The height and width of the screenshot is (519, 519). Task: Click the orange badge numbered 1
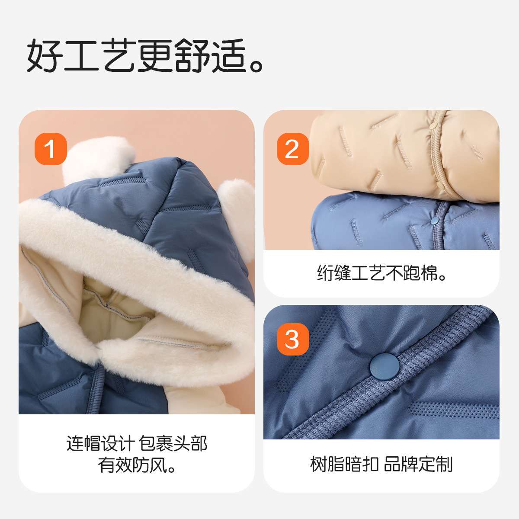[x=51, y=149]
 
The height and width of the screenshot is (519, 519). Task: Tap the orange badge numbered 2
[x=293, y=149]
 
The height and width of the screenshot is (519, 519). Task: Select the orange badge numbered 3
[x=293, y=339]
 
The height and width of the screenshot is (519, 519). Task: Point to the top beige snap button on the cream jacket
[x=432, y=126]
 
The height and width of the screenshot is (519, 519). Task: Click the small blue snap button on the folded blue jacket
[x=435, y=221]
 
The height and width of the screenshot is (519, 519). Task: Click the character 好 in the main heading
[x=45, y=55]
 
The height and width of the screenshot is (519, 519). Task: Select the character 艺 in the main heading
[x=119, y=55]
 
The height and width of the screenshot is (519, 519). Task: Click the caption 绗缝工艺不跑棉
[x=381, y=273]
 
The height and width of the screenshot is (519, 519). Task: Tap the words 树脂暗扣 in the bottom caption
[x=344, y=464]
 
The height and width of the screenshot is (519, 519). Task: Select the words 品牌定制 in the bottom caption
[x=418, y=464]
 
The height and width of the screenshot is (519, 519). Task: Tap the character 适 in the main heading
[x=229, y=55]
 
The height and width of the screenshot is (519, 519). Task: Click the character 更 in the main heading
[x=155, y=55]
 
